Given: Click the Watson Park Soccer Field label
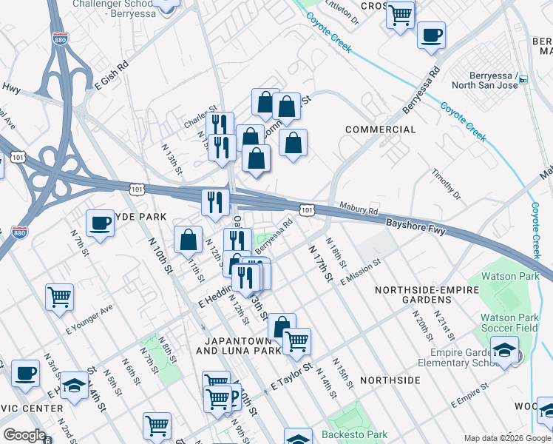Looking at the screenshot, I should [x=509, y=323].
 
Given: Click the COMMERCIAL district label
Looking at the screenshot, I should [x=381, y=129].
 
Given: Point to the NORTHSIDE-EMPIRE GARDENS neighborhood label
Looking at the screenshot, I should [x=422, y=295].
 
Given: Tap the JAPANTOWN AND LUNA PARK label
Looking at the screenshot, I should [x=239, y=346].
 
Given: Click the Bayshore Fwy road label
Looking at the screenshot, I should [x=417, y=226].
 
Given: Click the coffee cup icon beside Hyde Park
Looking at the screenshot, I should [x=100, y=221].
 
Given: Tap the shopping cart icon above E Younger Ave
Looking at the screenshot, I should [x=59, y=297].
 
